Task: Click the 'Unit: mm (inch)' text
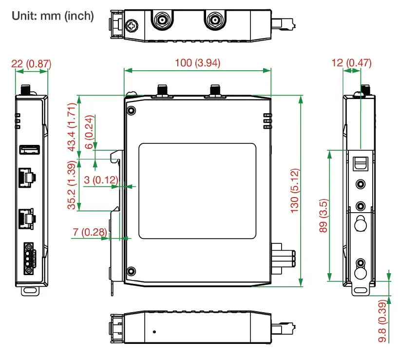pyautogui.click(x=52, y=16)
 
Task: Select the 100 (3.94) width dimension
pyautogui.click(x=198, y=63)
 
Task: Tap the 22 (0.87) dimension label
pyautogui.click(x=31, y=63)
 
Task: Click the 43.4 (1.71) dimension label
pyautogui.click(x=72, y=127)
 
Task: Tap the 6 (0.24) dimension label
pyautogui.click(x=88, y=130)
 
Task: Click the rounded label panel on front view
pyautogui.click(x=197, y=191)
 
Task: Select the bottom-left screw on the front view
pyautogui.click(x=131, y=271)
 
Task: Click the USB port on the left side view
pyautogui.click(x=29, y=149)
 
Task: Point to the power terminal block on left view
pyautogui.click(x=29, y=257)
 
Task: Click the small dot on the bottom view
pyautogui.click(x=154, y=332)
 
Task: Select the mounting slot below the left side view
pyautogui.click(x=30, y=291)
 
